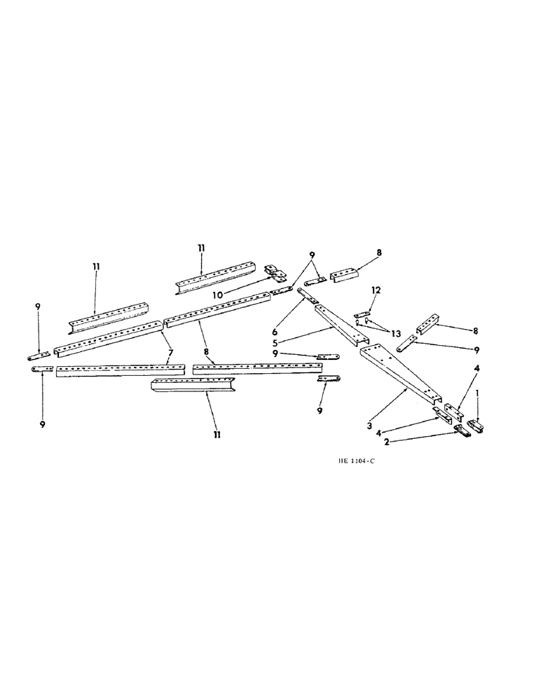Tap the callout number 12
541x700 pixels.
[x=376, y=290]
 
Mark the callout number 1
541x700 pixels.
[x=477, y=394]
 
